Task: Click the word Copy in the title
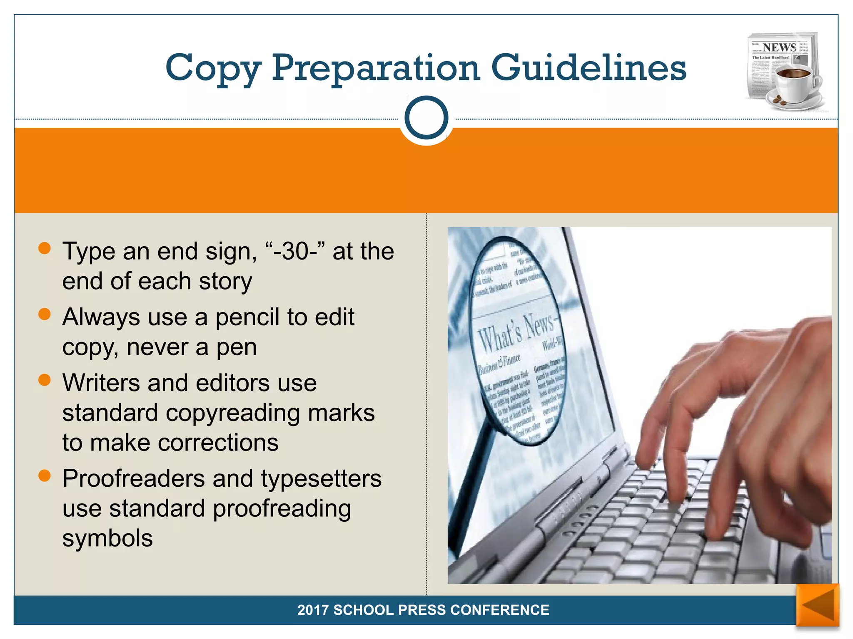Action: (213, 68)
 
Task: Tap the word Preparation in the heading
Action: (376, 68)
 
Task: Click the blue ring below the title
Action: (426, 118)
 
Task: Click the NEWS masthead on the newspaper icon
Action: (779, 47)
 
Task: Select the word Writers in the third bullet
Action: (101, 383)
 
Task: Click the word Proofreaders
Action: (133, 478)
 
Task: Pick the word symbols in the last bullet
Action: (107, 538)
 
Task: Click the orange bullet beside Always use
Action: (44, 315)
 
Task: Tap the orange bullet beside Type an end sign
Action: (44, 248)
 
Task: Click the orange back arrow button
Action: (818, 605)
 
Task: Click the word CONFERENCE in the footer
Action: (500, 610)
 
